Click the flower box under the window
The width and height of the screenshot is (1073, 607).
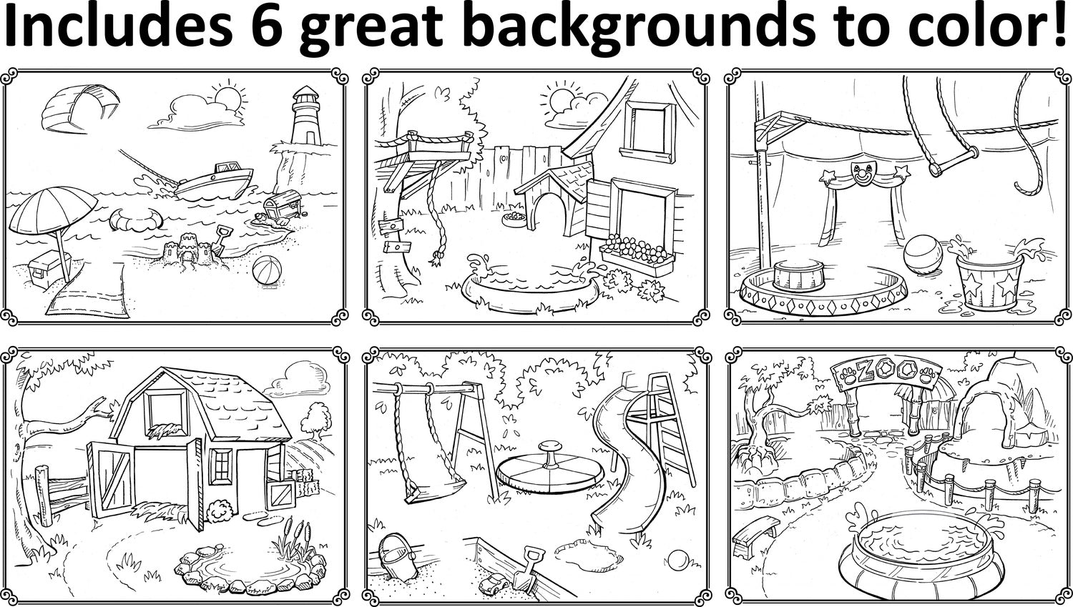(637, 257)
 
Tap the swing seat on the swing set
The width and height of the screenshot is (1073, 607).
(436, 490)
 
